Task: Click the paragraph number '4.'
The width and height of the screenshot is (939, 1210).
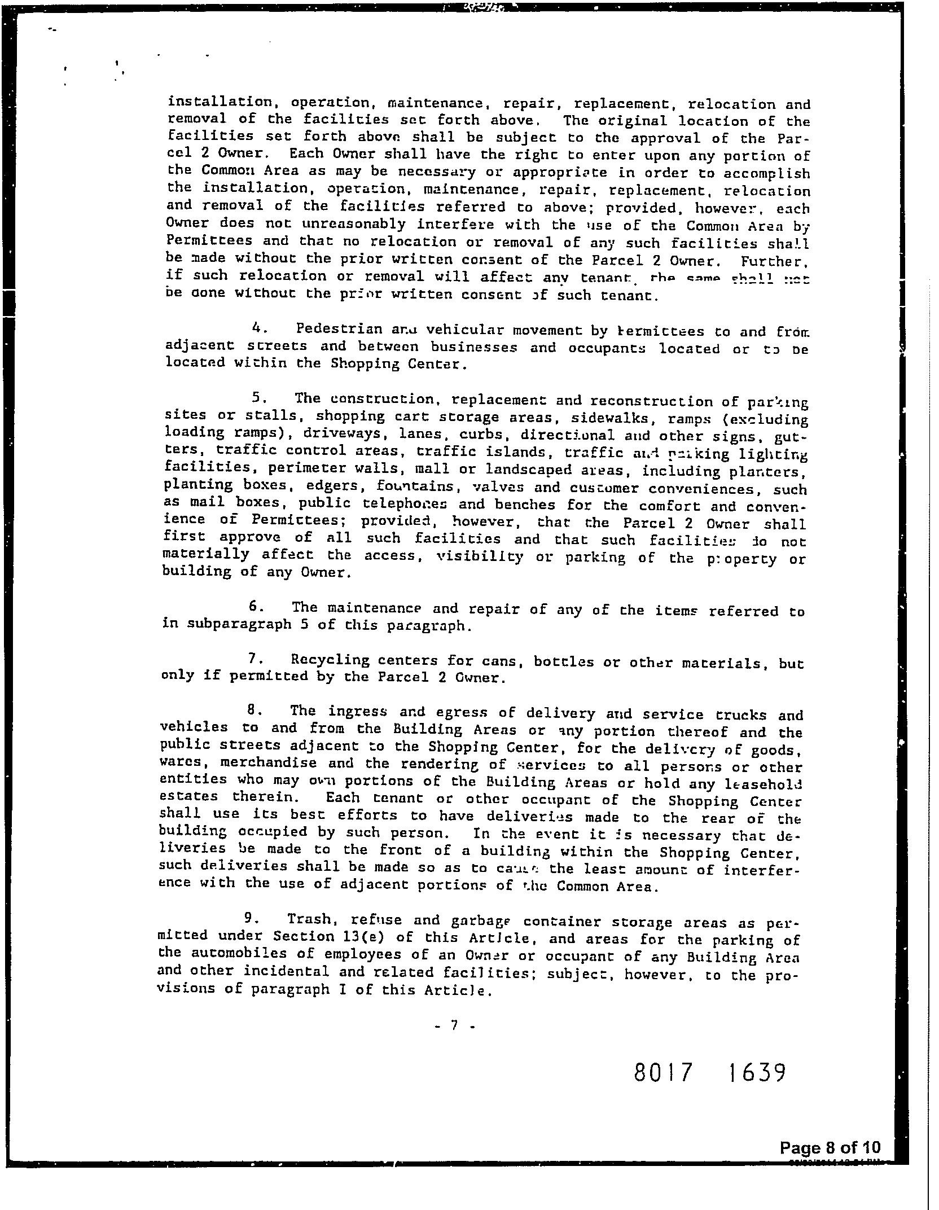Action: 257,327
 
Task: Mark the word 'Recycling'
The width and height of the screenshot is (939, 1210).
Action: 327,660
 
